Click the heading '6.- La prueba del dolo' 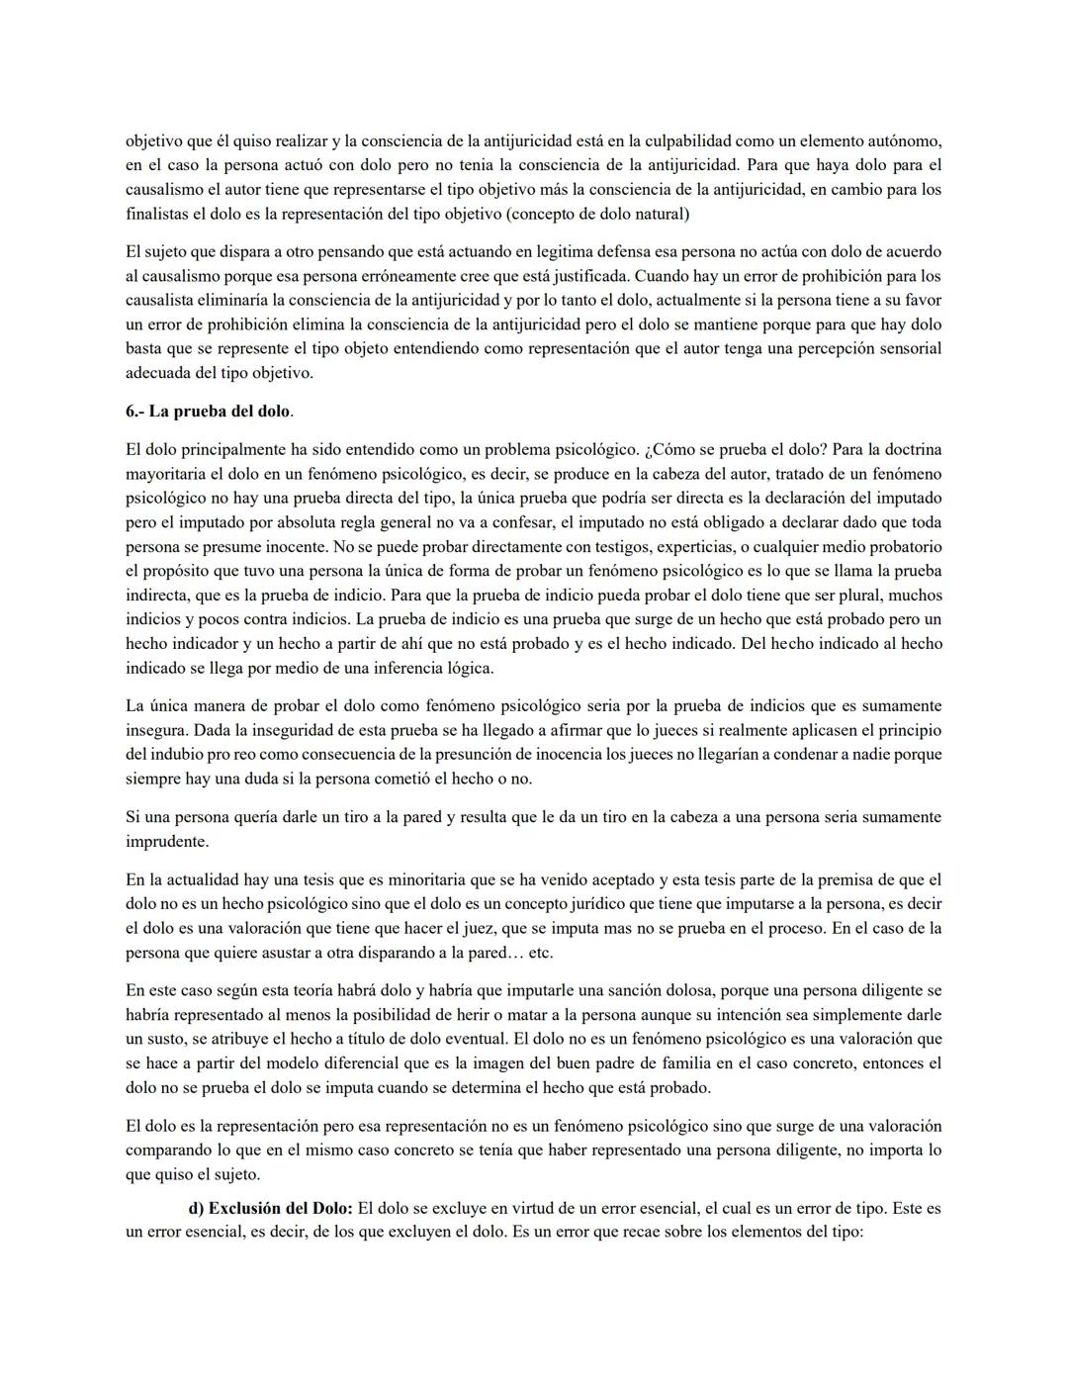(x=209, y=411)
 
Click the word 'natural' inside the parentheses (x=662, y=214)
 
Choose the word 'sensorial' (x=907, y=348)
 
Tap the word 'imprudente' (x=167, y=842)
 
